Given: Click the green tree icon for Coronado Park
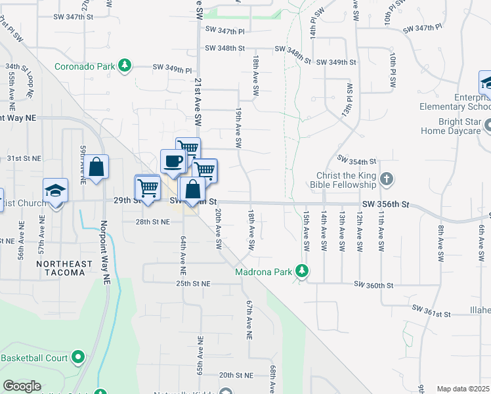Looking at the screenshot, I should (x=123, y=66).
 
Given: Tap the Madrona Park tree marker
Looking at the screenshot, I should (x=302, y=271).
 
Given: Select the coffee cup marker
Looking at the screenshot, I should (x=173, y=162).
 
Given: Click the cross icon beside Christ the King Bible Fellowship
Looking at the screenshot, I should (x=387, y=179).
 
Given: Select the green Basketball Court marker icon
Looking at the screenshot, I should (x=79, y=358).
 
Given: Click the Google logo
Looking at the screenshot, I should (x=22, y=385).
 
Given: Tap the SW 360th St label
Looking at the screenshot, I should (x=374, y=285).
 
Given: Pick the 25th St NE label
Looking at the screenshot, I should (x=193, y=284).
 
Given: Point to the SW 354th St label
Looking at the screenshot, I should (x=356, y=160).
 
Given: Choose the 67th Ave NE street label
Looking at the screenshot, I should (x=249, y=320).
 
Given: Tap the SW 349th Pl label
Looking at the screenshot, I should (x=173, y=68).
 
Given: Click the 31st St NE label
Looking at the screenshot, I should (x=24, y=158).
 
